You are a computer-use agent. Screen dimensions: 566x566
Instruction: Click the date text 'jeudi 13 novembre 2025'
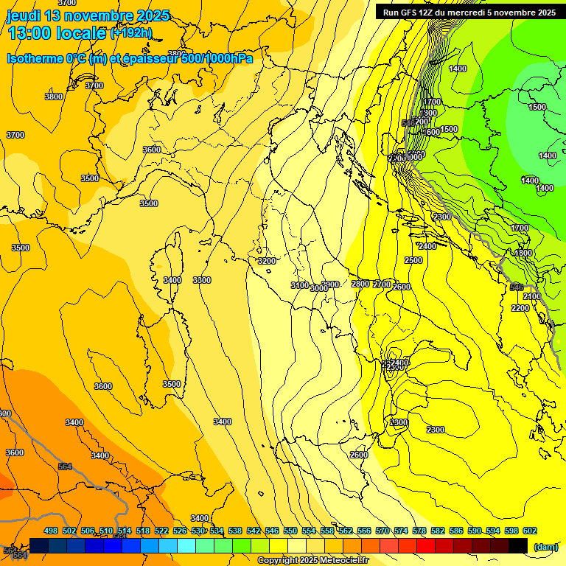pyautogui.click(x=87, y=15)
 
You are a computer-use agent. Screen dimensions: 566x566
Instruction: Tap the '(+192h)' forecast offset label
pyautogui.click(x=130, y=32)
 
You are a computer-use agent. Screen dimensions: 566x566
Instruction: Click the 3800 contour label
pyautogui.click(x=54, y=97)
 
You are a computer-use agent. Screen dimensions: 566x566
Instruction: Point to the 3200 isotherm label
pyautogui.click(x=266, y=261)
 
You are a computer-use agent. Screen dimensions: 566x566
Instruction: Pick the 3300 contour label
pyautogui.click(x=202, y=280)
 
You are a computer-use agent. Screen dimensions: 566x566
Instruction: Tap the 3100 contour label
pyautogui.click(x=299, y=285)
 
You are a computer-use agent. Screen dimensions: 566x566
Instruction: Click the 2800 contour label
pyautogui.click(x=360, y=284)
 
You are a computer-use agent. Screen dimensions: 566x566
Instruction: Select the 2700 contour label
pyautogui.click(x=382, y=284)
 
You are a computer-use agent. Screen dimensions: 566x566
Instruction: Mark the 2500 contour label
pyautogui.click(x=413, y=260)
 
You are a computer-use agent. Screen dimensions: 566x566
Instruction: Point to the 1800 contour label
pyautogui.click(x=523, y=253)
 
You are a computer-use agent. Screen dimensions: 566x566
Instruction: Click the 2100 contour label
pyautogui.click(x=532, y=296)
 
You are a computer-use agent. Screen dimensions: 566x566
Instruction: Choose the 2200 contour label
pyautogui.click(x=520, y=308)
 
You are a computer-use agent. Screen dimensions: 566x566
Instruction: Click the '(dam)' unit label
pyautogui.click(x=545, y=546)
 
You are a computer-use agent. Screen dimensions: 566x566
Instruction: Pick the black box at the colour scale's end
pyautogui.click(x=518, y=545)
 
